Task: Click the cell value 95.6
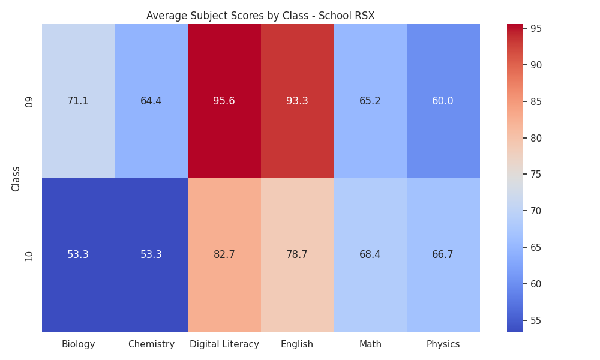click(224, 101)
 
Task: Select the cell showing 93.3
click(298, 101)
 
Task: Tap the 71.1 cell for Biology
click(78, 101)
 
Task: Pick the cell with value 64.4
click(151, 101)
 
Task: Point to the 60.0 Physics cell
click(443, 101)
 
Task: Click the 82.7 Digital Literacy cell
click(224, 255)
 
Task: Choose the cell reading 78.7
click(298, 255)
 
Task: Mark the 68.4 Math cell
click(370, 255)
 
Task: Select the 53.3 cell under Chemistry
click(151, 255)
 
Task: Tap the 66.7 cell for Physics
click(443, 255)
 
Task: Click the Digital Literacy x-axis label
click(224, 344)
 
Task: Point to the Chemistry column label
click(151, 344)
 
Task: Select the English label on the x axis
click(297, 344)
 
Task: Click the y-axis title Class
click(16, 179)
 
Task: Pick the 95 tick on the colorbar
click(536, 29)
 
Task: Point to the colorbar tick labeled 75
click(536, 175)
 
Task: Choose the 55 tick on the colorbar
click(536, 320)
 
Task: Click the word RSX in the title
click(365, 16)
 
